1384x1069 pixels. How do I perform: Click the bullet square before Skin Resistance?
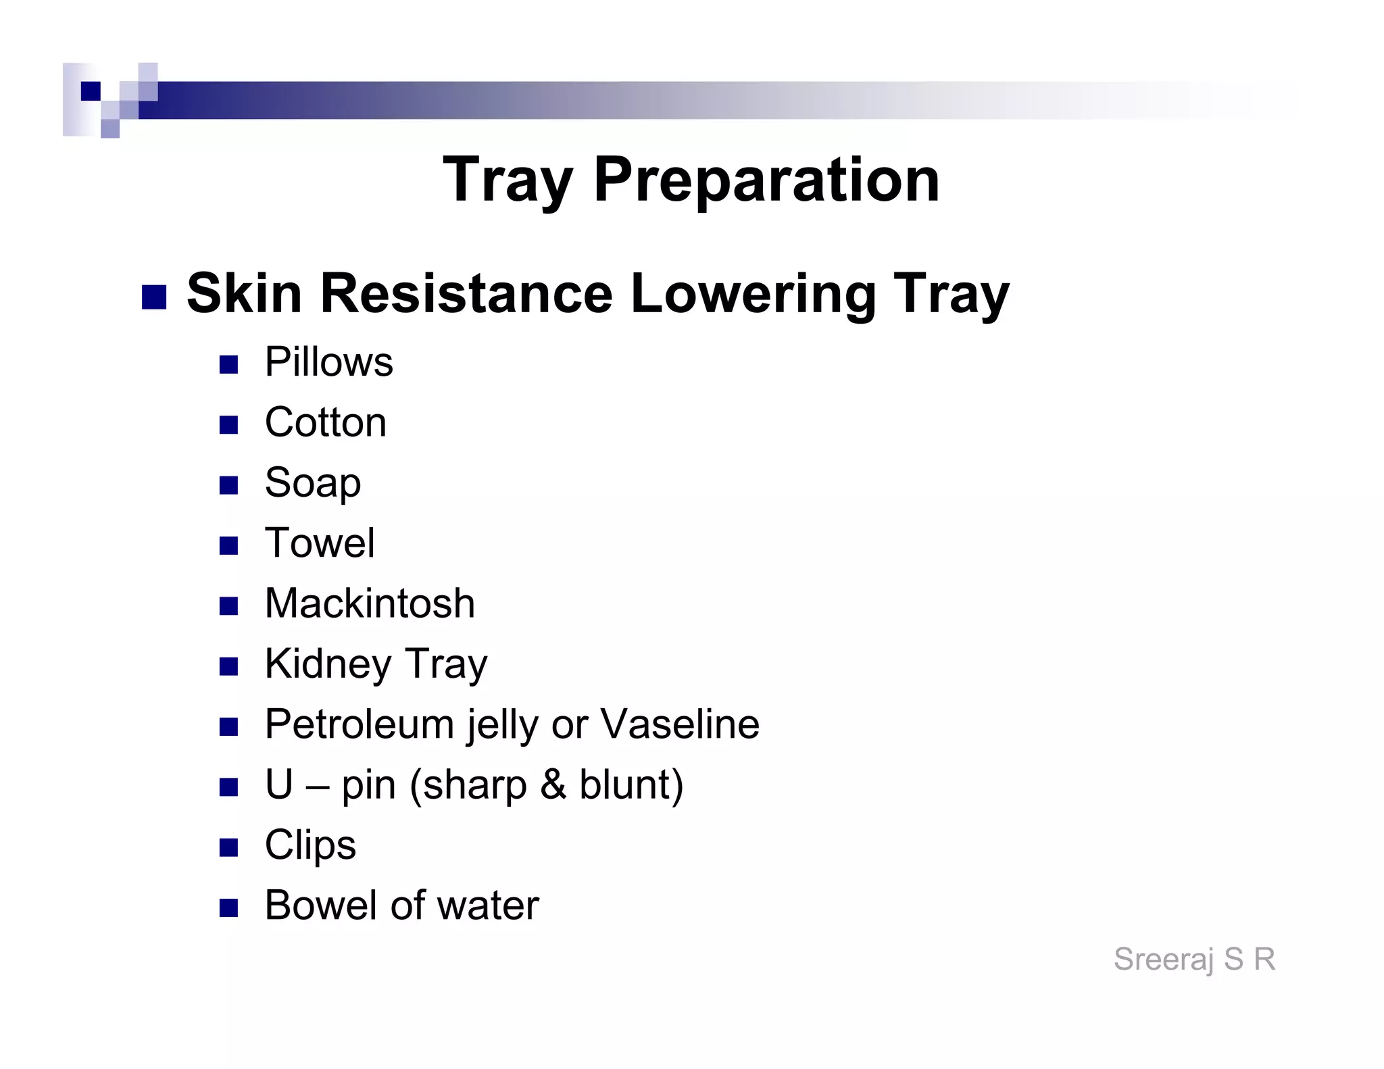[154, 297]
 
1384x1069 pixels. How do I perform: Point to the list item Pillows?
[328, 362]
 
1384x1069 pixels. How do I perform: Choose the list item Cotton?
[326, 422]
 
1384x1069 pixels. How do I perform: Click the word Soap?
[313, 483]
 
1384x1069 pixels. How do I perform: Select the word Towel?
[320, 543]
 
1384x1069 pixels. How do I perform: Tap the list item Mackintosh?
[370, 603]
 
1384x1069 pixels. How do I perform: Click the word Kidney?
[328, 664]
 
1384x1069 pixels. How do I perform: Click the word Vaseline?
[680, 724]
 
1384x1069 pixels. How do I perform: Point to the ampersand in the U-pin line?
[553, 785]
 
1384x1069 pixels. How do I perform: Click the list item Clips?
[310, 845]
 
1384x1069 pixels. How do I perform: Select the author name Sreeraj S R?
[1194, 959]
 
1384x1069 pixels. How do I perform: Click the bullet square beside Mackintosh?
[229, 606]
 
